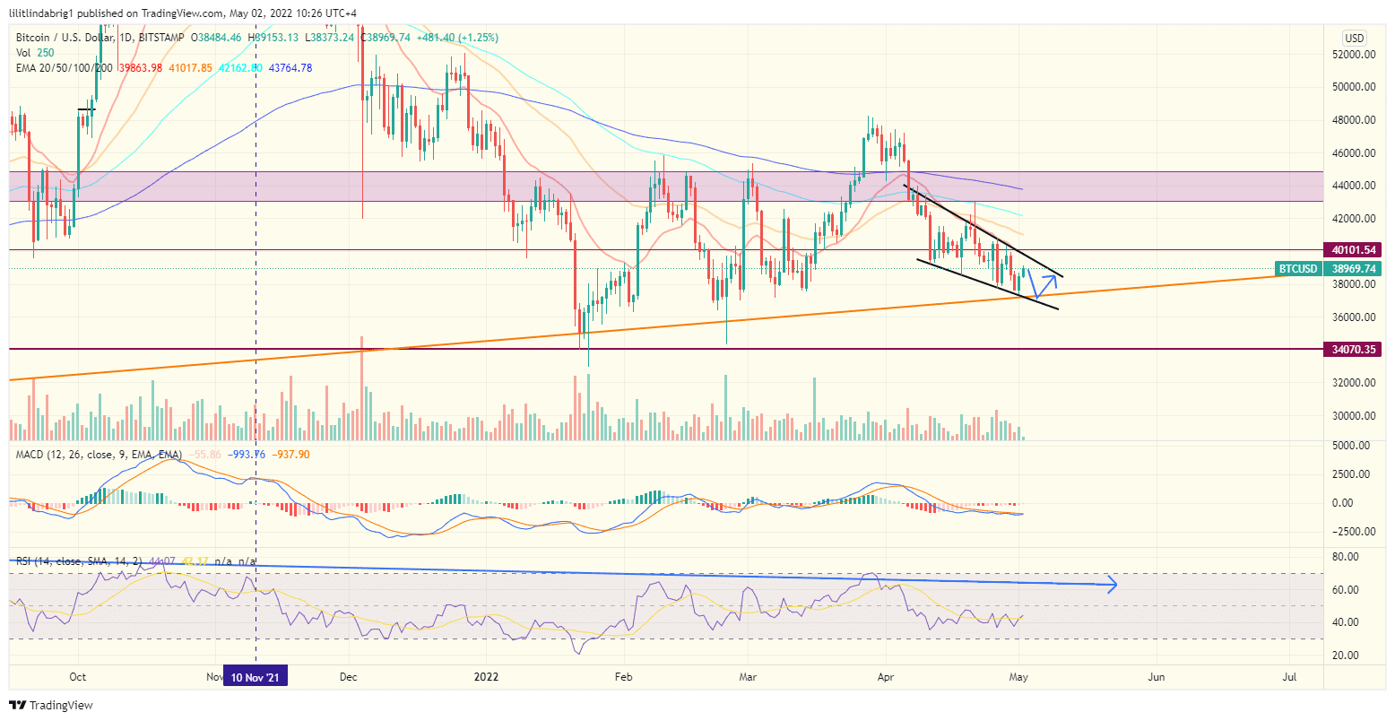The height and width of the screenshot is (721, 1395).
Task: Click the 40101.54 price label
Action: pos(1353,249)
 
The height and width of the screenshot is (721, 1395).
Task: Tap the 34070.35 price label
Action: pos(1353,349)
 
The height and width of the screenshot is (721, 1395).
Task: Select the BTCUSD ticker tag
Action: pos(1298,268)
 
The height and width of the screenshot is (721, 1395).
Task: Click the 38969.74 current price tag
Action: pos(1353,268)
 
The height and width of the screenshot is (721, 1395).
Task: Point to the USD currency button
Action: pos(1354,38)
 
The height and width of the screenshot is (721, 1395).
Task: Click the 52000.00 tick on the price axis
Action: pos(1355,55)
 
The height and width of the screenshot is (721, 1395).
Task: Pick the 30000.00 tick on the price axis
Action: pos(1355,416)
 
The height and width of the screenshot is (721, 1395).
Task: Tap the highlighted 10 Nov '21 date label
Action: pos(256,677)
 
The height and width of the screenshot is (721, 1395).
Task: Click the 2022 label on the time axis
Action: pos(486,677)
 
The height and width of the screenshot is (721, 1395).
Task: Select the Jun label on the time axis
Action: pos(1157,677)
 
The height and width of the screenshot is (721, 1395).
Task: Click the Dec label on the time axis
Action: pos(349,677)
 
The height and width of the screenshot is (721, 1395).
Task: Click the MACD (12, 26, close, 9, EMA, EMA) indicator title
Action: pos(99,455)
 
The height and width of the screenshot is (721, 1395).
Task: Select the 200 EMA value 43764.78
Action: pos(284,67)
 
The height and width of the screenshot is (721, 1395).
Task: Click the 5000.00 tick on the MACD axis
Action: pos(1355,445)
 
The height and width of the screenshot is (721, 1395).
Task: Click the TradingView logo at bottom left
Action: pos(51,705)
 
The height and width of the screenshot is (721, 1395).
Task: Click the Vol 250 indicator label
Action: pos(34,53)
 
